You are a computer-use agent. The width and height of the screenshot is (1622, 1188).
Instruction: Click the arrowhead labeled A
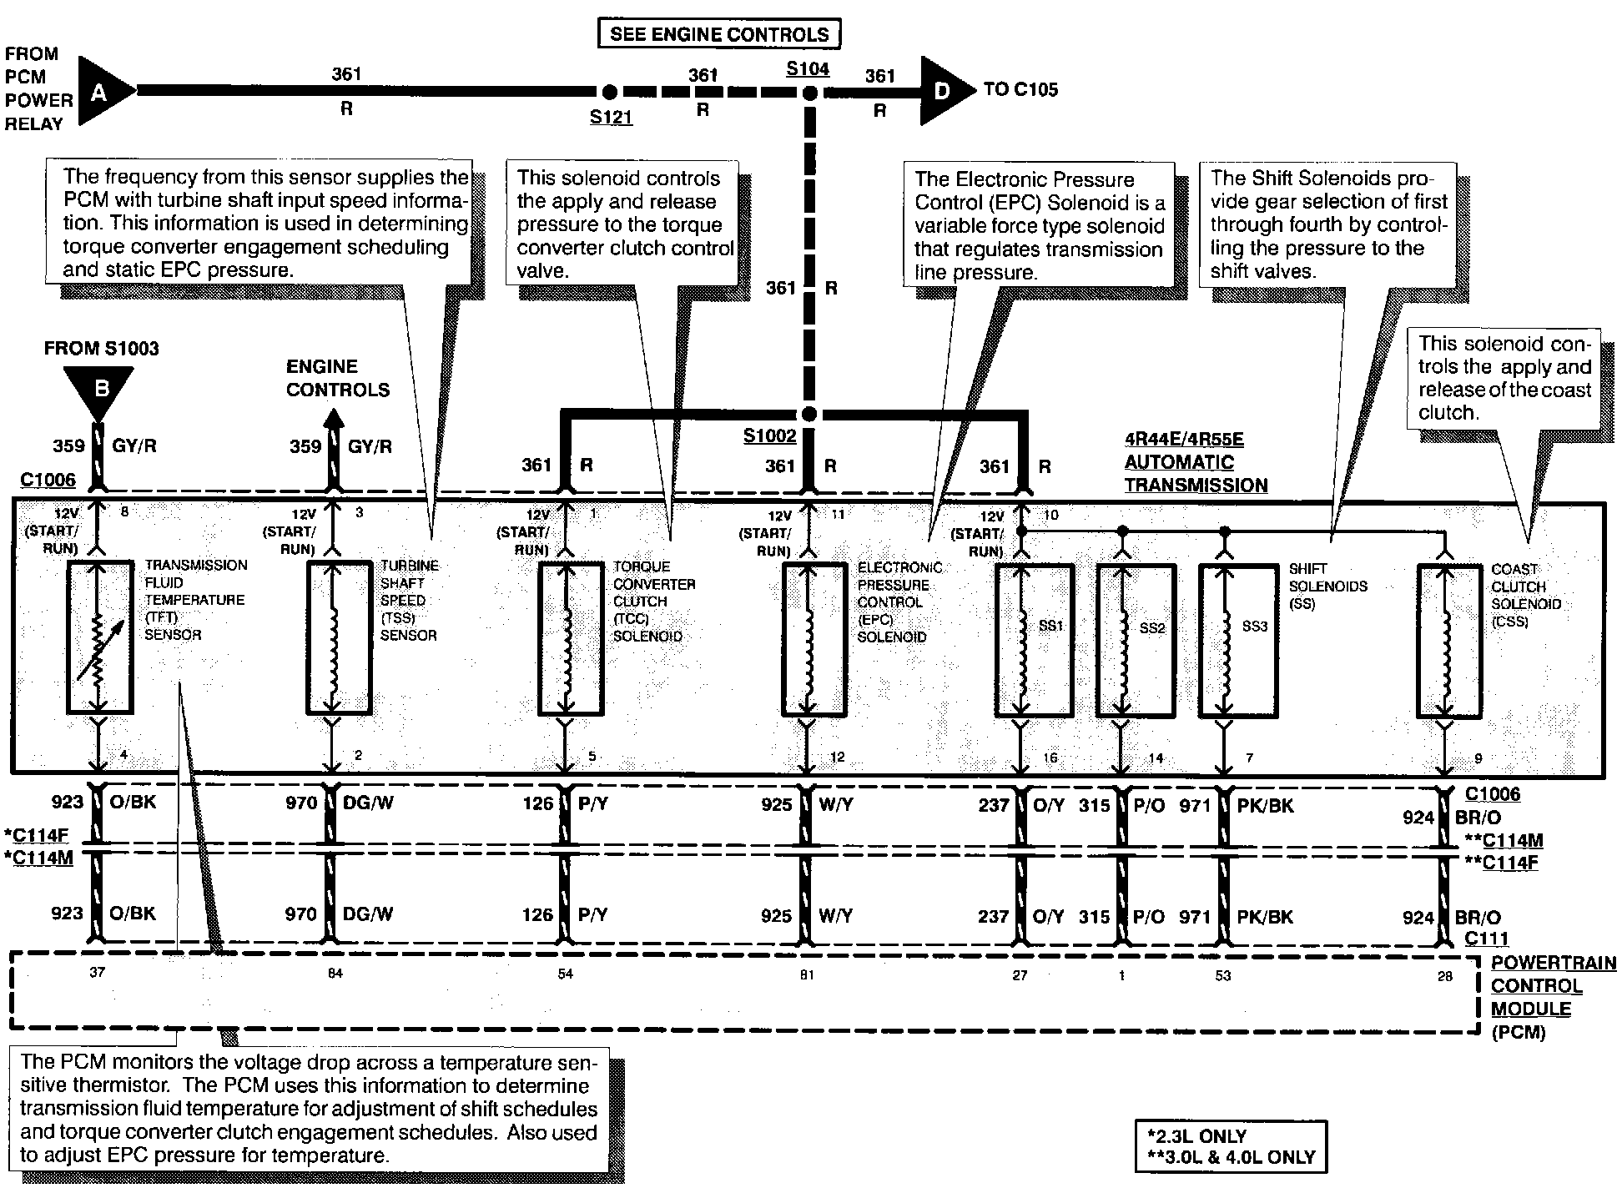pos(103,92)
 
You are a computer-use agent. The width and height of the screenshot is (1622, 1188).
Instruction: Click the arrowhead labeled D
pos(944,90)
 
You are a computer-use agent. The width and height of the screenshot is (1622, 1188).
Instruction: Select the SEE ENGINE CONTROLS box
pos(719,34)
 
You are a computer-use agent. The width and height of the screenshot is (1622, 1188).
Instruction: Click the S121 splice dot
pos(610,91)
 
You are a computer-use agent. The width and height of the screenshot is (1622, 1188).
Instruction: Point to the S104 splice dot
pos(808,92)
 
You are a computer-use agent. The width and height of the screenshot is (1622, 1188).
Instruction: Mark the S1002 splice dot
pos(808,415)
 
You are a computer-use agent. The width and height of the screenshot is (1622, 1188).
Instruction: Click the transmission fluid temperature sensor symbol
pos(99,637)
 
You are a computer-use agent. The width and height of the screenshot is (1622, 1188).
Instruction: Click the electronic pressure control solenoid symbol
pos(814,639)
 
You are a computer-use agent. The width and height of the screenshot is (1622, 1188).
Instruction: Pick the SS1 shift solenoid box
pos(1034,641)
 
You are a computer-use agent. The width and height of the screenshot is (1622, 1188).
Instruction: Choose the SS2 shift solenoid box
pos(1136,641)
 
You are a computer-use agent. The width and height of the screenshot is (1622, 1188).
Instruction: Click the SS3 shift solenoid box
pos(1237,641)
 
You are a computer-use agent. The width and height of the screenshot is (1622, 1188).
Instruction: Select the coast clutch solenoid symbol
pos(1450,641)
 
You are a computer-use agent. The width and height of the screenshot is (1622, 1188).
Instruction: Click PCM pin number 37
pos(98,973)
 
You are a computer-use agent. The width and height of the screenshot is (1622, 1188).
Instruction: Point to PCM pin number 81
pos(807,974)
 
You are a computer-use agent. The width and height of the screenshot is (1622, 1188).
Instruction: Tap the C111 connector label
pos(1487,938)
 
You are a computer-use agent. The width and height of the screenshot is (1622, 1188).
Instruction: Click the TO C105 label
pos(1020,89)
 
